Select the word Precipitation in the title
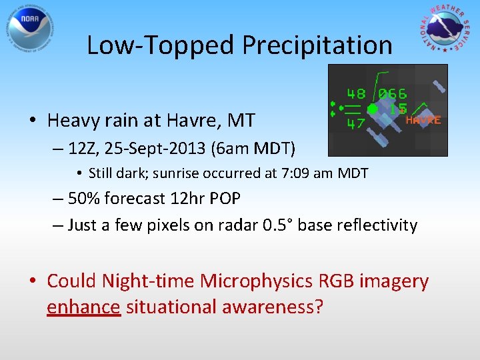[317, 45]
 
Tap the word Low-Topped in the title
[161, 45]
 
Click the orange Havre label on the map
[423, 121]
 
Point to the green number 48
[356, 94]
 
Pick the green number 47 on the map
[356, 123]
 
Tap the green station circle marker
[373, 108]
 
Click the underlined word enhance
[83, 307]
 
